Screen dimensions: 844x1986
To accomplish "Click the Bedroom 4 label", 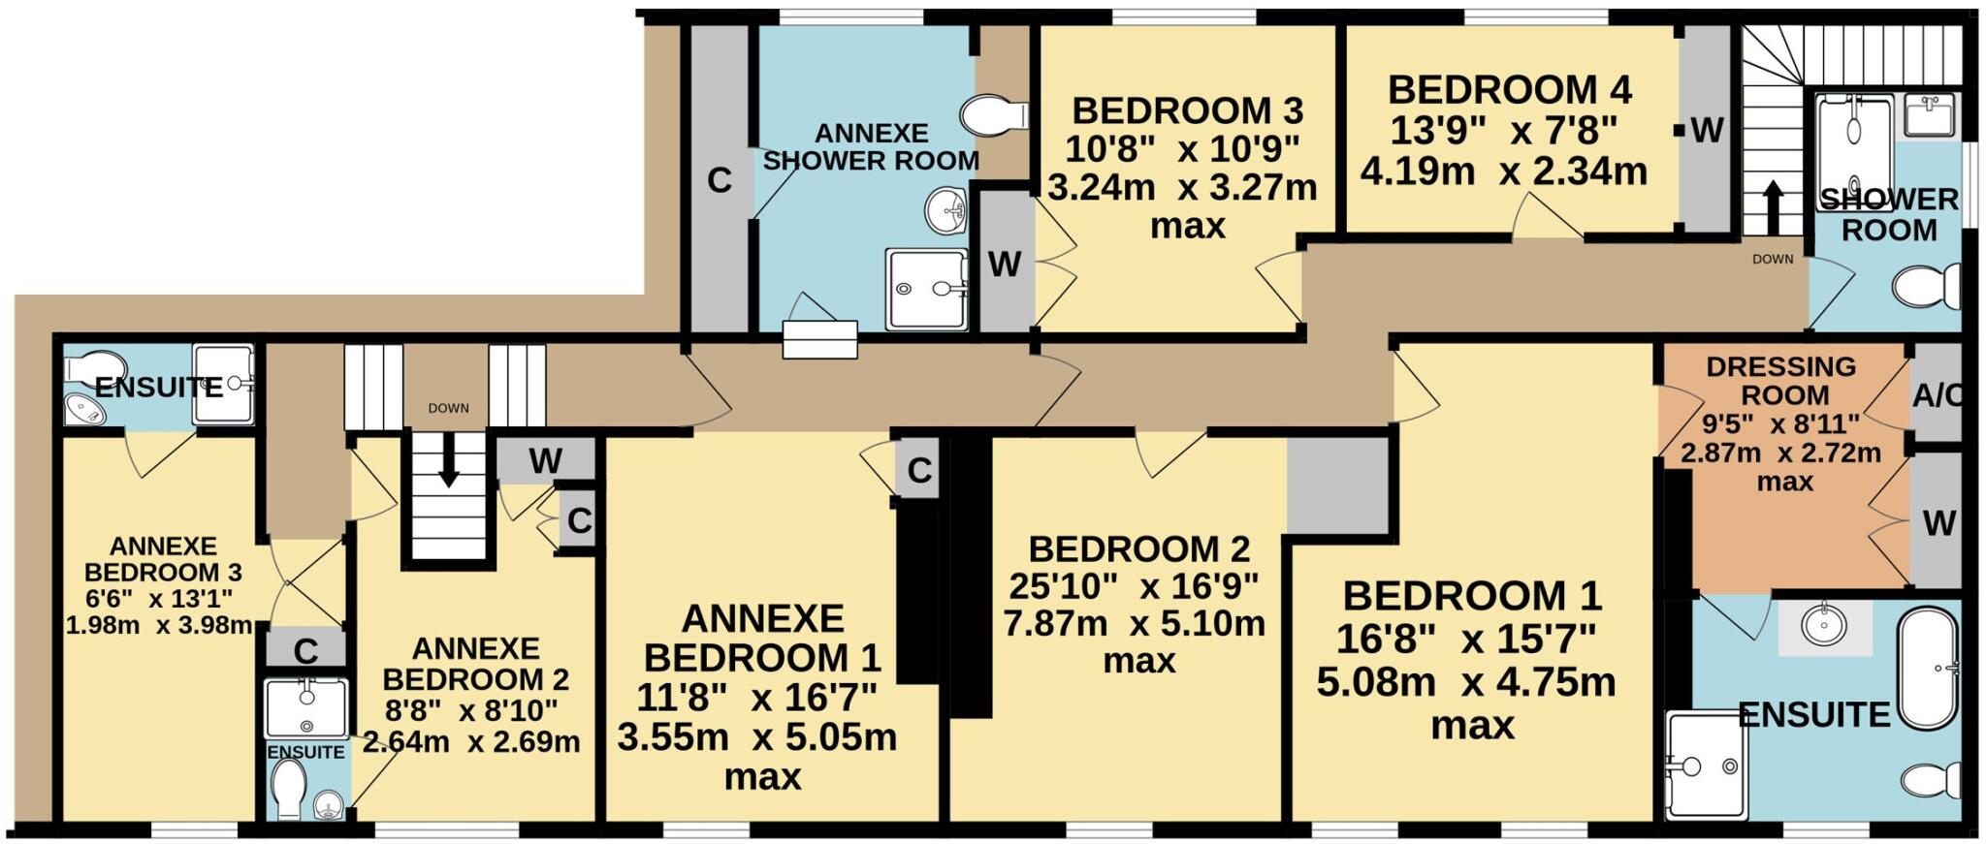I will (1509, 90).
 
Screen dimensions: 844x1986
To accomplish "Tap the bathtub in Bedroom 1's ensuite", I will (1928, 669).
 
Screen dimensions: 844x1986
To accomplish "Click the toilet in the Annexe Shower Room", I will (991, 115).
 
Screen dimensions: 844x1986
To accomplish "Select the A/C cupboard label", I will (1937, 396).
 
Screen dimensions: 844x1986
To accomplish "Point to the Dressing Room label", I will (1782, 381).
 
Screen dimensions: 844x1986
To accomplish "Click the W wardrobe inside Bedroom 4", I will (1706, 130).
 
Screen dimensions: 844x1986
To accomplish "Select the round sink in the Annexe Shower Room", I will (946, 210).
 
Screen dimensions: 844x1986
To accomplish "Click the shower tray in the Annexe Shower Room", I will (926, 289).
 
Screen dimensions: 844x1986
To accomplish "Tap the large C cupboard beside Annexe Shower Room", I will (719, 180).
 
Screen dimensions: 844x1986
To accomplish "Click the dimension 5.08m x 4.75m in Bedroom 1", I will (1465, 682).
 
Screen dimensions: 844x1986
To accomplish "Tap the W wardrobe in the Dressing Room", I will (1938, 523).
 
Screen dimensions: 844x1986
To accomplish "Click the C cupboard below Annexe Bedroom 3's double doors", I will (305, 650).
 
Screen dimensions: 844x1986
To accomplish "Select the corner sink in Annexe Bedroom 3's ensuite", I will (84, 411).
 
